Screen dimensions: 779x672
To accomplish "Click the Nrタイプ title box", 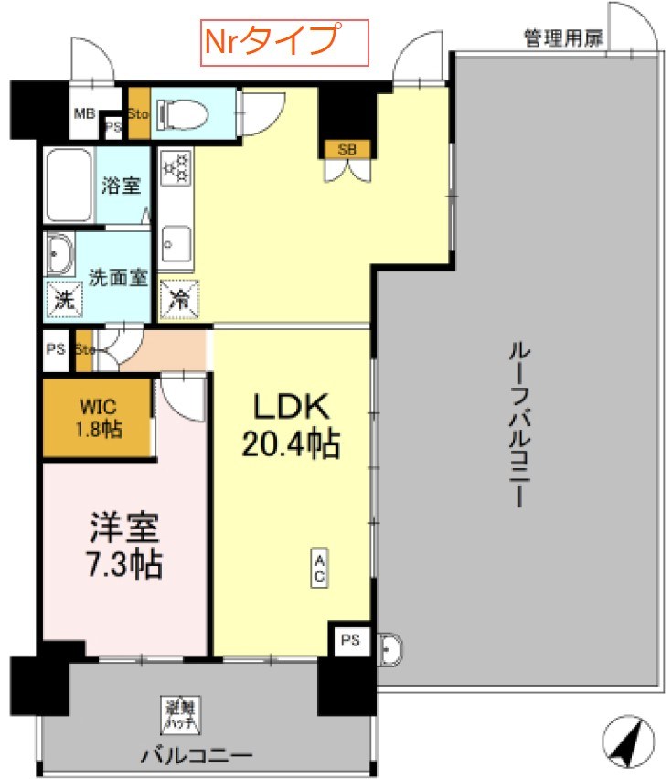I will (x=284, y=42).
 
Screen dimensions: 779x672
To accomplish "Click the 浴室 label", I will (x=122, y=185).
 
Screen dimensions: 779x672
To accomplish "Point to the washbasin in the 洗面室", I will (x=61, y=253).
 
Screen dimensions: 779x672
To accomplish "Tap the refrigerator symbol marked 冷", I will (x=177, y=298).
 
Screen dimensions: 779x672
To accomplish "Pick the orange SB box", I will (x=347, y=149).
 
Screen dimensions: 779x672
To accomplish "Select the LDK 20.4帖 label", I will (x=290, y=427).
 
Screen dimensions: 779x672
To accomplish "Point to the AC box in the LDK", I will (x=321, y=569).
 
